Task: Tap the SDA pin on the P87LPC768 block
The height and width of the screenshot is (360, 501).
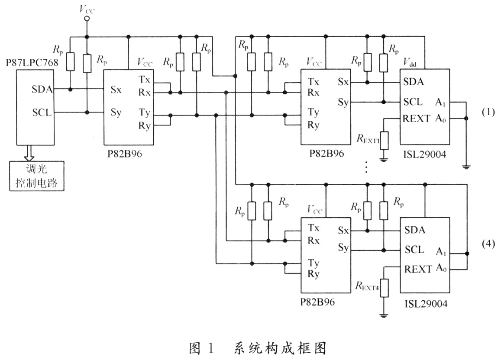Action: (42, 90)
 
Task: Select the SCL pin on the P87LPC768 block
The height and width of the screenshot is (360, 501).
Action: (42, 112)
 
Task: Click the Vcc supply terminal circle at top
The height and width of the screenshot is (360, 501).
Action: (87, 19)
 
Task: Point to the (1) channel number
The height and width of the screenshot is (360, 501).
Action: (488, 111)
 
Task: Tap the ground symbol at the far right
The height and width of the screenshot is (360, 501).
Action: (466, 166)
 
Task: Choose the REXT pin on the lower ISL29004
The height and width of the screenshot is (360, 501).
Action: (418, 268)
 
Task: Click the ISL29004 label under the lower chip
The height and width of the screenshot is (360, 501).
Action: (424, 304)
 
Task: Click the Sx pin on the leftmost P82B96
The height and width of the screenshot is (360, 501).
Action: (116, 90)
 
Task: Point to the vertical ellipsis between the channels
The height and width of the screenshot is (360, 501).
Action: (366, 167)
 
